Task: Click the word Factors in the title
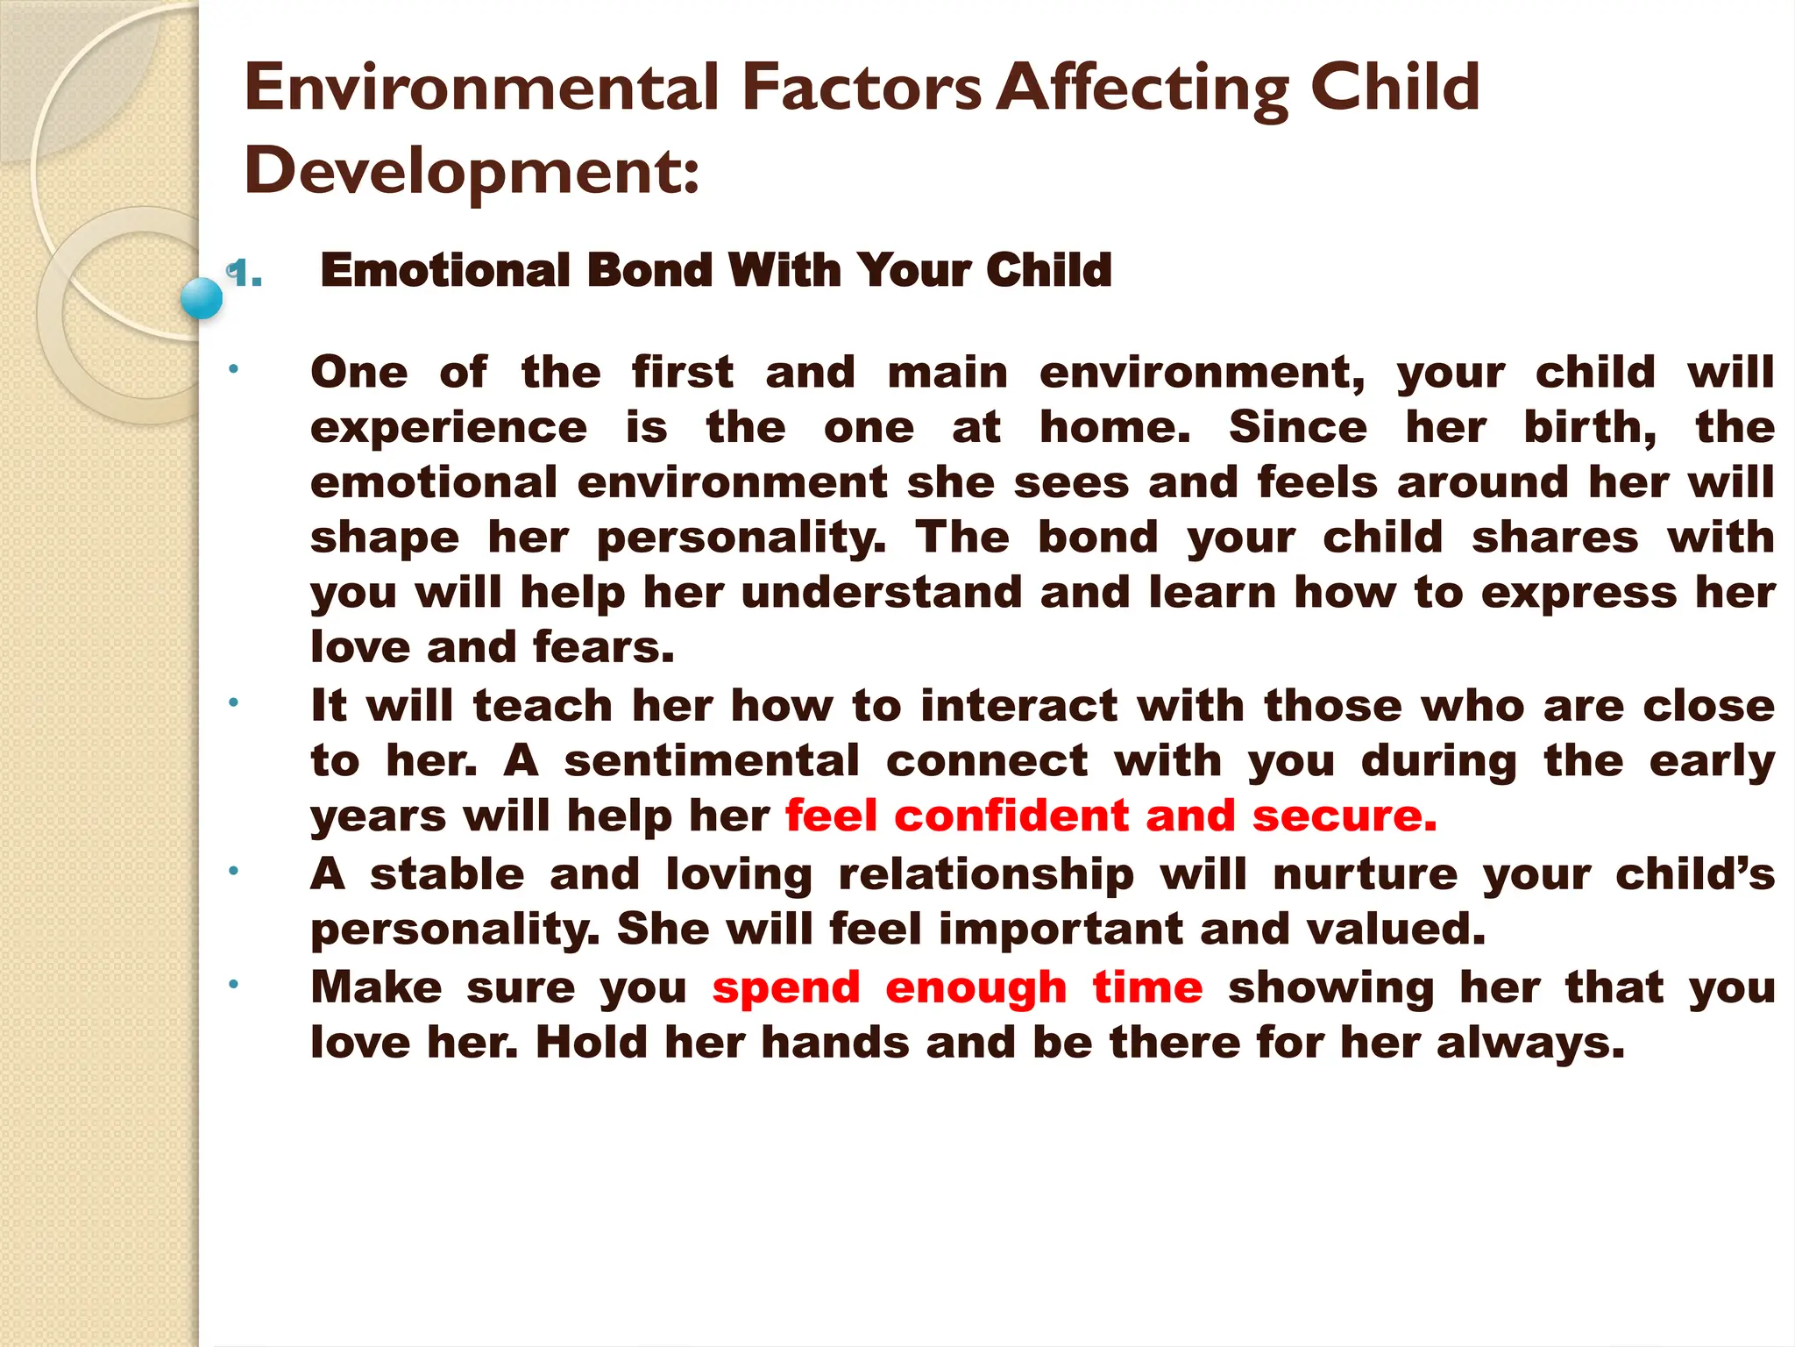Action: pos(862,88)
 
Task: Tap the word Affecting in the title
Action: pos(1145,89)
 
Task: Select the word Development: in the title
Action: pos(472,170)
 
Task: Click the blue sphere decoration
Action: pos(202,298)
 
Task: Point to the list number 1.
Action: pos(245,274)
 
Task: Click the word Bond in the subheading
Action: pos(649,269)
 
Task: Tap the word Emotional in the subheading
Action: pos(445,269)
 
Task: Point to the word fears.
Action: pos(604,647)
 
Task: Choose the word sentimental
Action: pos(712,760)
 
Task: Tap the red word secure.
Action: pos(1344,816)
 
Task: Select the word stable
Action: pos(447,874)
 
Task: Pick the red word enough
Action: pos(976,988)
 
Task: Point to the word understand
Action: pos(882,593)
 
